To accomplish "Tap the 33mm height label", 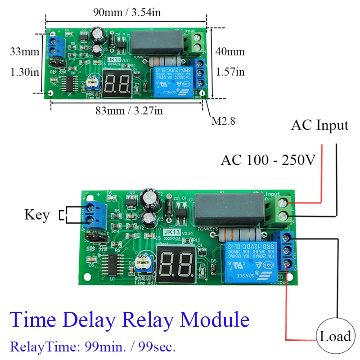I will [25, 52].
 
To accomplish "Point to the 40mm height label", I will [229, 52].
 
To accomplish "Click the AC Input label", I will [319, 125].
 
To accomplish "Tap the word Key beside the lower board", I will [37, 215].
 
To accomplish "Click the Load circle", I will [335, 336].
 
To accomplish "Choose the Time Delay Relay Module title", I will [130, 319].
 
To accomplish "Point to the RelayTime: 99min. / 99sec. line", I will [93, 347].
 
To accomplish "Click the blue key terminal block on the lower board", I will [94, 215].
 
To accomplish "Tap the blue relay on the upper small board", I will [171, 81].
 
